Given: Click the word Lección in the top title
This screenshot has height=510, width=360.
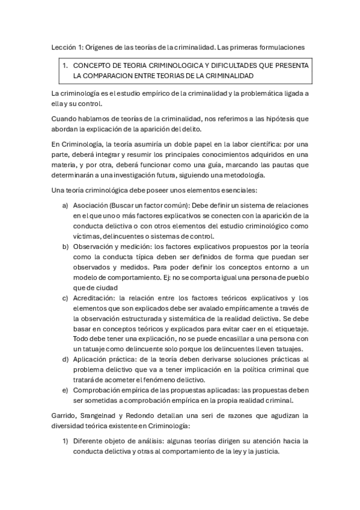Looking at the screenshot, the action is coord(59,46).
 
